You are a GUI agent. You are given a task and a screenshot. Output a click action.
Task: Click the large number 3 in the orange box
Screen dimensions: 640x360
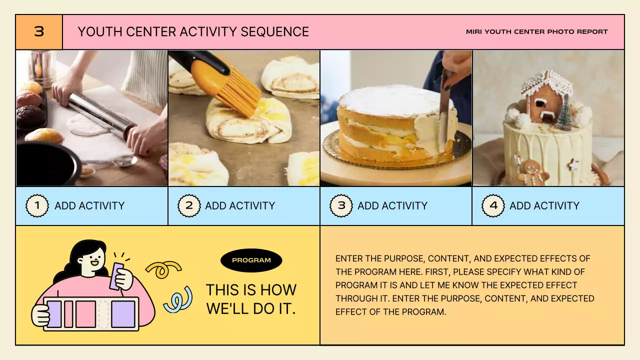point(39,31)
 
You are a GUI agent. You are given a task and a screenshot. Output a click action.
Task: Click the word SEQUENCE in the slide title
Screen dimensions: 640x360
point(274,31)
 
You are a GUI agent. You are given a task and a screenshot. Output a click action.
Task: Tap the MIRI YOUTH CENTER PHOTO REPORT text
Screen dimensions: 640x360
point(537,31)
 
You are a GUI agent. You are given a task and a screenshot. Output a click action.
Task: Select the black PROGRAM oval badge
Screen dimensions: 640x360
point(251,260)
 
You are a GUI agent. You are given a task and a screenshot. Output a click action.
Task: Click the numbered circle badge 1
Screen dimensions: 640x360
point(37,205)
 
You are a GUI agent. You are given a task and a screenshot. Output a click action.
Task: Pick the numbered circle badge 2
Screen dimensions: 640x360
point(189,205)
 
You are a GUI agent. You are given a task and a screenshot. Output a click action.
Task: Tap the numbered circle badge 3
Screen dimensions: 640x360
point(341,205)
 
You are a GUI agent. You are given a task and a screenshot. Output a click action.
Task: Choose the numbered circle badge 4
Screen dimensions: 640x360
point(493,205)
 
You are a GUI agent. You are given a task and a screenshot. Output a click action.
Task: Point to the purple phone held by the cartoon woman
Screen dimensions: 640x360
point(117,276)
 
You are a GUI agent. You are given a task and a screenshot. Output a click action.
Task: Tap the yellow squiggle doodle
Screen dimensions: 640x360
point(163,269)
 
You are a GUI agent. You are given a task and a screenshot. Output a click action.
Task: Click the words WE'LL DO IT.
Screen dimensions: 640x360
point(251,309)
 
